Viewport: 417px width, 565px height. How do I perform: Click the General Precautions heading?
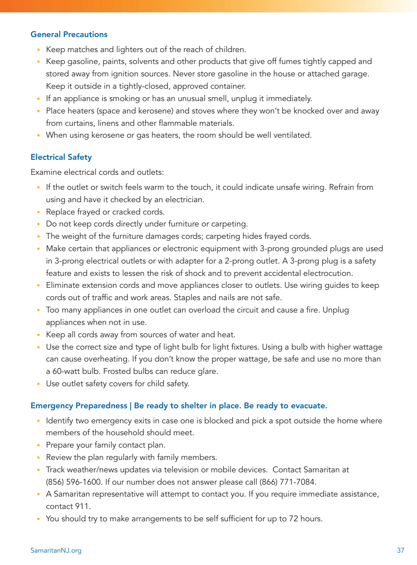[69, 34]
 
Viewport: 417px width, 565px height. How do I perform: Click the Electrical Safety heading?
[61, 157]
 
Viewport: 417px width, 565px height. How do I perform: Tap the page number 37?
[400, 550]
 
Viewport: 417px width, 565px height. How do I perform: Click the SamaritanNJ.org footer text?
[56, 550]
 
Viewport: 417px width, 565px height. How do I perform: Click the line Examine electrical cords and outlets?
[97, 172]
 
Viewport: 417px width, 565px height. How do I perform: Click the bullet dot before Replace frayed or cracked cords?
[39, 212]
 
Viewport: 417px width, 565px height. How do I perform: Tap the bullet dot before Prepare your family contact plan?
[39, 445]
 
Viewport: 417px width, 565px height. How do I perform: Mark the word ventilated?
[291, 135]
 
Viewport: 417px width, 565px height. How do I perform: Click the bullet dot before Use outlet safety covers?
[39, 384]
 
